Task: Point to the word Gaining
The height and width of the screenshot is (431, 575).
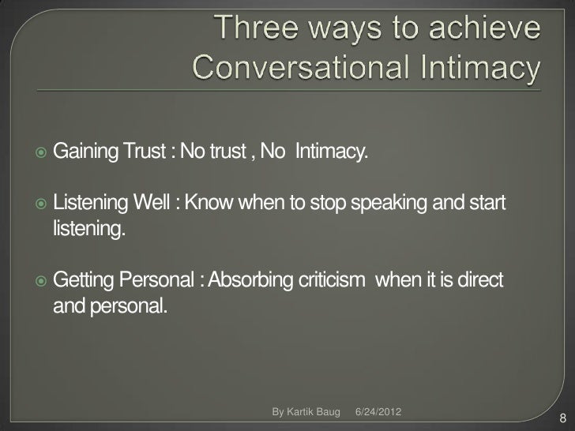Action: click(85, 152)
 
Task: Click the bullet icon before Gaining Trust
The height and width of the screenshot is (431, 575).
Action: click(42, 152)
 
